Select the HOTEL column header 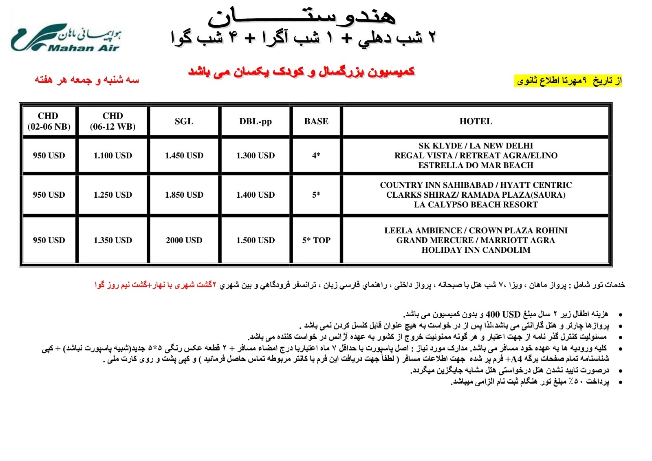476,121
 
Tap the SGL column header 184,121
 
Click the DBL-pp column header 256,121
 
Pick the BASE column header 316,121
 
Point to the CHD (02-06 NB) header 48,121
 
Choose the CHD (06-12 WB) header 112,121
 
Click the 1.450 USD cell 184,155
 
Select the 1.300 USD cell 256,155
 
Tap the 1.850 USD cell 184,195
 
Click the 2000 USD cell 184,240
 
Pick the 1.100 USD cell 112,155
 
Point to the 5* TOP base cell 316,240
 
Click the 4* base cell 316,155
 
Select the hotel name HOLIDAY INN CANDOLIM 476,250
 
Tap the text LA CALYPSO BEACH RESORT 476,205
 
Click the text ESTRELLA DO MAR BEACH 476,165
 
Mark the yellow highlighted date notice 569,81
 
